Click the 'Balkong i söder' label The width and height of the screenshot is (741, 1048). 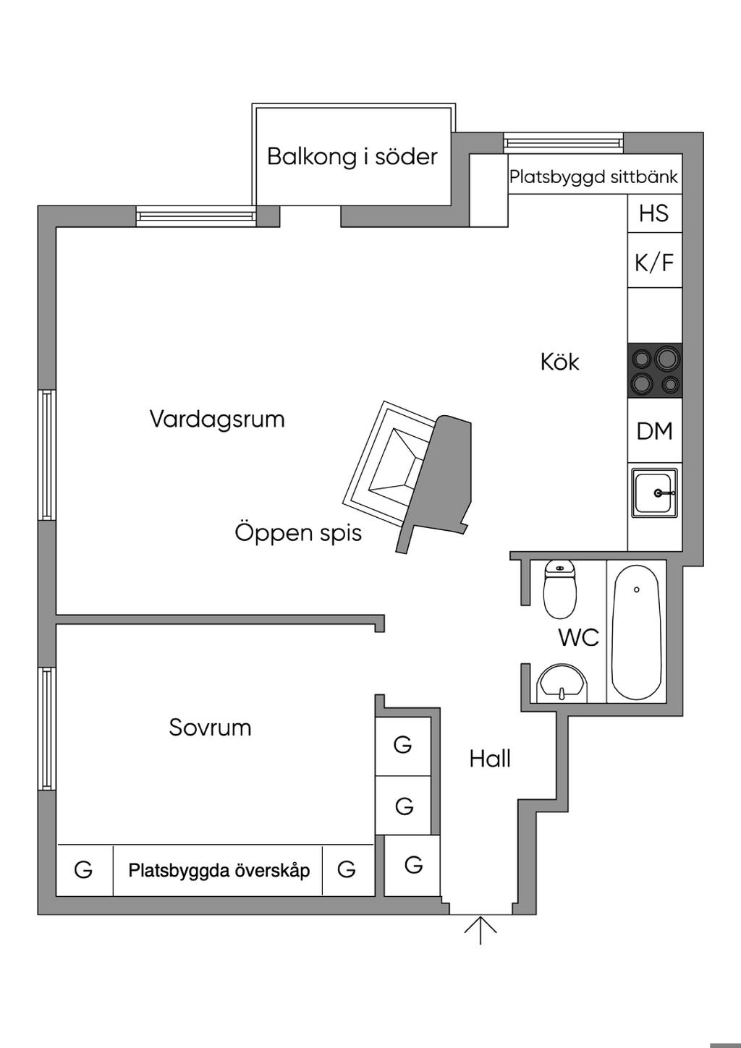[352, 156]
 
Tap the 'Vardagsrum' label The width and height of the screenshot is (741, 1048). [217, 419]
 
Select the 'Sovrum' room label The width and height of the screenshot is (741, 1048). [210, 727]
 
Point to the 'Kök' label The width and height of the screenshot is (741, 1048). [559, 362]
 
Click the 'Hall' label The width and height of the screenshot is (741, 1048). [490, 759]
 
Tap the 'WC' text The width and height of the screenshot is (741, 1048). [579, 636]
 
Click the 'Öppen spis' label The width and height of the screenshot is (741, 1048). [298, 533]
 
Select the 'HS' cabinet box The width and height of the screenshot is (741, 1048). [654, 213]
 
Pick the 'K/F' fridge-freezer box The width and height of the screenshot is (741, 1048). [654, 260]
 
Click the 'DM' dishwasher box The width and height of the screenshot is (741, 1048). [654, 430]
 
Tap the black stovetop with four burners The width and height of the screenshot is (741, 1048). [654, 371]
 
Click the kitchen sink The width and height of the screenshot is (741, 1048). [654, 493]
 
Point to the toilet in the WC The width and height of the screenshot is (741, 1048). [560, 590]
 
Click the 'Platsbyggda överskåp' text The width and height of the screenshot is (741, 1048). [219, 871]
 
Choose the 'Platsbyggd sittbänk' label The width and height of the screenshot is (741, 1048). [593, 177]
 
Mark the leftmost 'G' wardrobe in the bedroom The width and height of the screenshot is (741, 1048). [85, 871]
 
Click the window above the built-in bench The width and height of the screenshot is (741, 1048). [563, 143]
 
